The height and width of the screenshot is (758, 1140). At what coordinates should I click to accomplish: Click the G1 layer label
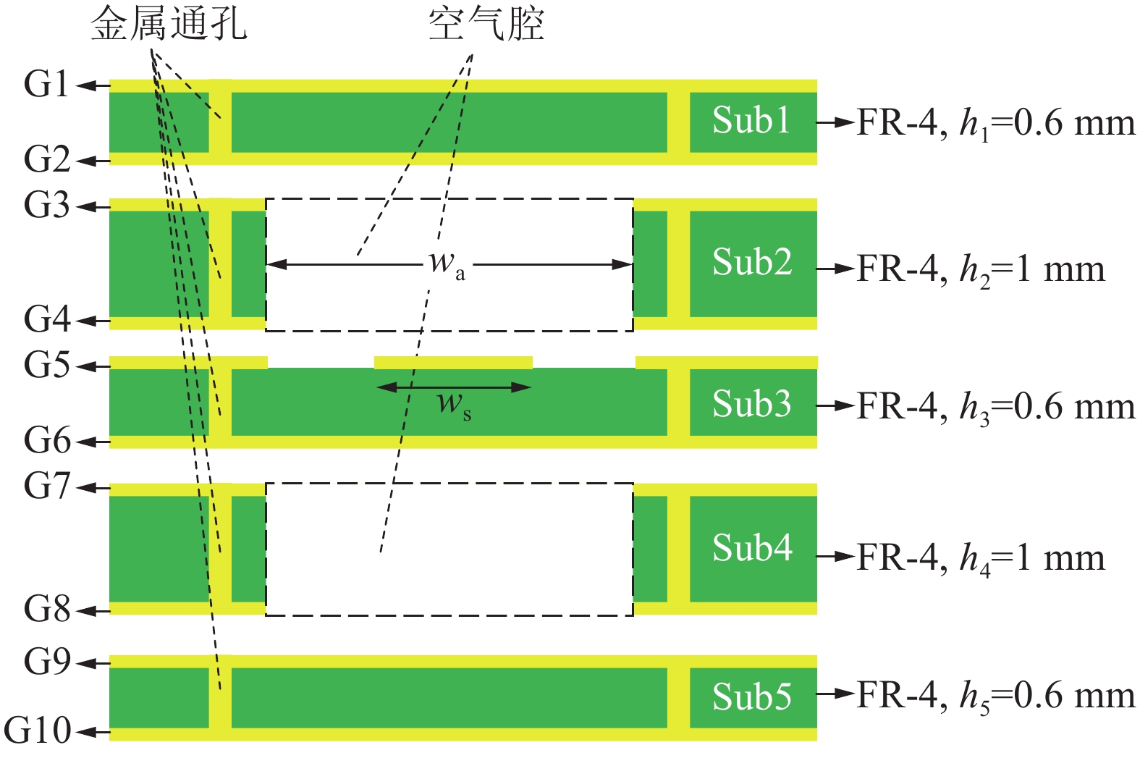(x=46, y=85)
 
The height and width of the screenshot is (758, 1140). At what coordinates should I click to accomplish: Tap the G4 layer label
(x=46, y=319)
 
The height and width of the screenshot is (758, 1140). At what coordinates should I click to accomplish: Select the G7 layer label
(x=46, y=486)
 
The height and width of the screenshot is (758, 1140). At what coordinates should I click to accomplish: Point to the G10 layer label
(x=38, y=730)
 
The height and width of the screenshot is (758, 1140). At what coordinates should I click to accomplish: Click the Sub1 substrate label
(x=751, y=121)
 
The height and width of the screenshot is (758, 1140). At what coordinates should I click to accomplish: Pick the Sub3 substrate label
(x=751, y=404)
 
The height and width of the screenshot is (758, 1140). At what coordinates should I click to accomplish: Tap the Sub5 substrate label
(x=751, y=696)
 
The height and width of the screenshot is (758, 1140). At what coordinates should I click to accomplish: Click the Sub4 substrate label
(x=751, y=548)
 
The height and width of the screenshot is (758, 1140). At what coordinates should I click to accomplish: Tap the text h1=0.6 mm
(x=1047, y=124)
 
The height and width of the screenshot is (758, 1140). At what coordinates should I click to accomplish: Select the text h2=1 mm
(x=1032, y=270)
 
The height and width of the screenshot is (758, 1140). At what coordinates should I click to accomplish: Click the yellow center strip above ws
(x=453, y=362)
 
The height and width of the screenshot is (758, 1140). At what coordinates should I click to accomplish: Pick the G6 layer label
(x=46, y=439)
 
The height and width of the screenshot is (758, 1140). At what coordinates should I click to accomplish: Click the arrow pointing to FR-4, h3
(x=836, y=405)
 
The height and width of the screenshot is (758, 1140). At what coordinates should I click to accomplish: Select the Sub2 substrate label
(x=751, y=262)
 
